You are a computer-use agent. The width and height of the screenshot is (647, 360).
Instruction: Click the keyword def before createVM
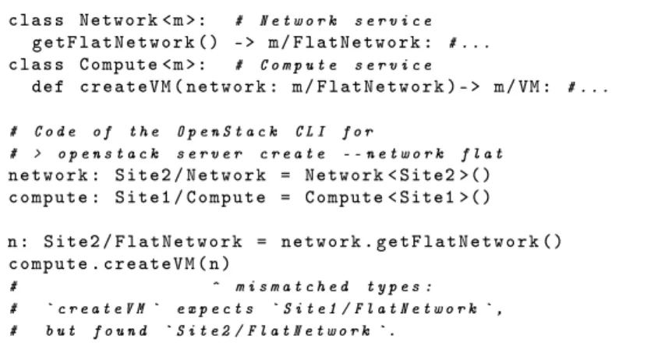coord(48,86)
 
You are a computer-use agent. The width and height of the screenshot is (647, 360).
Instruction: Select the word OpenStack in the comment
coord(228,132)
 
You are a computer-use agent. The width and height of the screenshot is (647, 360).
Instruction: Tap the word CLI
coord(311,132)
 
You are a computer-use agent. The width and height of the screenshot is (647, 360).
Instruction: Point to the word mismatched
coord(292,286)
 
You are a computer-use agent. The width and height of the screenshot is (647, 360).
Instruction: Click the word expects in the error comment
coord(215,309)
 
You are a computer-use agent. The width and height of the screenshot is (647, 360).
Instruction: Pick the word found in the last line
coord(120,330)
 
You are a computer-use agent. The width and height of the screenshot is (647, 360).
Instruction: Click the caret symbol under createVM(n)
coord(216,284)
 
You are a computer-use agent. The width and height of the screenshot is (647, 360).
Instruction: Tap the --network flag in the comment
coord(394,154)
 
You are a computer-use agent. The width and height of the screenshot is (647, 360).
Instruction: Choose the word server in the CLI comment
coord(210,154)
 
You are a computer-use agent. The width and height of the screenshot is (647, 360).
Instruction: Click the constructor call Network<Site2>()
coord(398,175)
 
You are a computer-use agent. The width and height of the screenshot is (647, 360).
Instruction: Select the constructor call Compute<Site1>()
coord(398,197)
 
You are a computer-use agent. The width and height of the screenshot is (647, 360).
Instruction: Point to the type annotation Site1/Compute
coord(190,197)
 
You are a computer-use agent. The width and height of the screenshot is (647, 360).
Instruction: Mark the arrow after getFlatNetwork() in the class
coord(244,43)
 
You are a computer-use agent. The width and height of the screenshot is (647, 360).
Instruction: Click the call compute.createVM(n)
coord(119,263)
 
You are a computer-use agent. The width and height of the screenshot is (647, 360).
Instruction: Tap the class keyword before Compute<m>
coord(37,65)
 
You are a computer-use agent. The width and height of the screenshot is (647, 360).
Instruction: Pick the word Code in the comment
coord(55,132)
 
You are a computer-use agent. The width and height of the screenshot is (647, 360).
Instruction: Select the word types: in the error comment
coord(399,286)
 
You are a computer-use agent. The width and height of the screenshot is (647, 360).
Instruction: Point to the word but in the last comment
coord(61,330)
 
